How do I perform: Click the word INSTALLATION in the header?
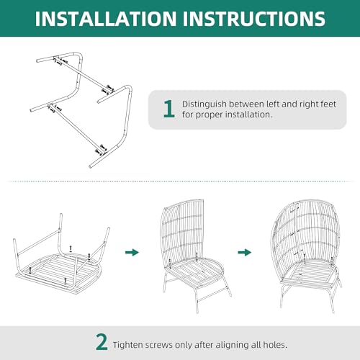pos(106,19)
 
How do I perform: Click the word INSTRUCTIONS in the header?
pos(254,19)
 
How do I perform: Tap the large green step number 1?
pos(169,109)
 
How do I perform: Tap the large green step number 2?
pos(102,342)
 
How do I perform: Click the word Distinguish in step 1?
pos(204,104)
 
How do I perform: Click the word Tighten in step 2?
pos(128,345)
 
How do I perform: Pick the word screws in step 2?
pos(159,345)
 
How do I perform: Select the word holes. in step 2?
pos(275,345)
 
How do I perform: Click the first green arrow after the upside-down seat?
pos(132,252)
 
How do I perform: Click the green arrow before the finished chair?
pos(245,252)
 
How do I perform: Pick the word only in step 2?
pos(184,345)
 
